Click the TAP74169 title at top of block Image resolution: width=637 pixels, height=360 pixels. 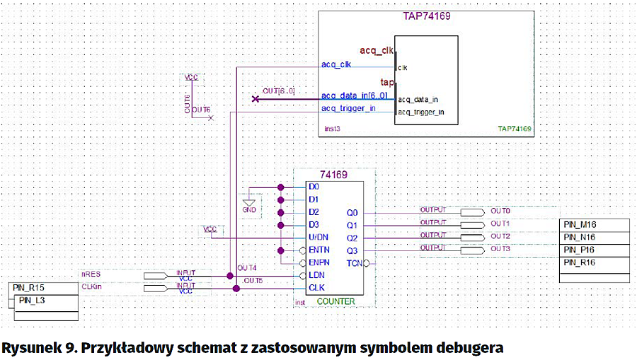(427, 16)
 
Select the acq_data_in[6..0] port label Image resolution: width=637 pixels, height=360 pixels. (354, 96)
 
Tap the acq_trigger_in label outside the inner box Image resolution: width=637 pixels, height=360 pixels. (348, 108)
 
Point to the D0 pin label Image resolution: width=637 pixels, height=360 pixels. (314, 187)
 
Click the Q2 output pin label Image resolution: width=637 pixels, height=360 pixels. (352, 238)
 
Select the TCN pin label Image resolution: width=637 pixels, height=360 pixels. (354, 262)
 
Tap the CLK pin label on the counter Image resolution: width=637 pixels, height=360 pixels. (317, 288)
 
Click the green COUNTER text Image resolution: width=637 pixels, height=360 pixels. (336, 301)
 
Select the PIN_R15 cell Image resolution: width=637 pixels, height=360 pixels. (28, 288)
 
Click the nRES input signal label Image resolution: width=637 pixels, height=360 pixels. (91, 272)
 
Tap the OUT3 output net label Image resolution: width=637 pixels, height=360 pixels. (501, 248)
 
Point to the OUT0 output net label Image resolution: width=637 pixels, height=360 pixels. (501, 211)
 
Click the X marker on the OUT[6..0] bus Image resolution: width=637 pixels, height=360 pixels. (256, 99)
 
